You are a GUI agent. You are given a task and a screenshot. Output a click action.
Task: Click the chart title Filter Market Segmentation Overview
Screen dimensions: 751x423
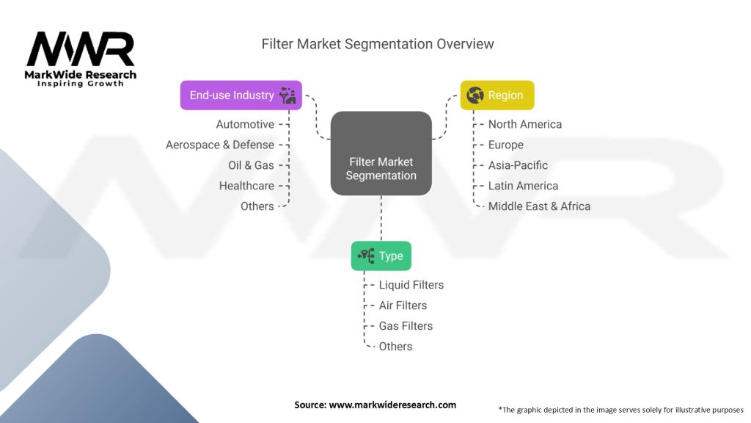point(378,44)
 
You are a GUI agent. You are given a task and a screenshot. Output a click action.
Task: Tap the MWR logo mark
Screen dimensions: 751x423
point(81,49)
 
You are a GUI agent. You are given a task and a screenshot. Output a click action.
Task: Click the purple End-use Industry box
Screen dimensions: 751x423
point(241,95)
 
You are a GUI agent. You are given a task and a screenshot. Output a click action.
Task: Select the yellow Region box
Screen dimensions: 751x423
point(497,95)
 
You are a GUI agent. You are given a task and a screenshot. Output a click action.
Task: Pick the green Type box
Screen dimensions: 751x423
point(381,256)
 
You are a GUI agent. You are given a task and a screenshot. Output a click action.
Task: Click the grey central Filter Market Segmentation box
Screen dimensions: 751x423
point(381,153)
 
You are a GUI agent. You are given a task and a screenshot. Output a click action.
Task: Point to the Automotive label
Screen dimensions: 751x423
point(245,124)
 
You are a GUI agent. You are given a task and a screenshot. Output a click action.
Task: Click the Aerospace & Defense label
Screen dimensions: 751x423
point(220,145)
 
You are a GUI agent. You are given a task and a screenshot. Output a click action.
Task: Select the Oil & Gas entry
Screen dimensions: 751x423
point(251,165)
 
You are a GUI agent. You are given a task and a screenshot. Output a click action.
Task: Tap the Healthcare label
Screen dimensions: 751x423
point(246,186)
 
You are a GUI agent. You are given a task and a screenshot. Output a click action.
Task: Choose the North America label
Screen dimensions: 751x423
point(525,124)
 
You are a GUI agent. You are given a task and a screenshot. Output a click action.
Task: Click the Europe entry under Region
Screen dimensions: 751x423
point(506,145)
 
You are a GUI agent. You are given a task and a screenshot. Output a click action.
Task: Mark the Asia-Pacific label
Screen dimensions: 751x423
point(518,165)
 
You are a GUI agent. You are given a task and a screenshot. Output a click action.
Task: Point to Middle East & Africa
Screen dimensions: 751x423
point(539,206)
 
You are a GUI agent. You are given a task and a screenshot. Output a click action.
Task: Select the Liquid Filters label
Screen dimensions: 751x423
point(411,285)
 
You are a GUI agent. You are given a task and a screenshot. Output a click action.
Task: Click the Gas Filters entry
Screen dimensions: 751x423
point(406,326)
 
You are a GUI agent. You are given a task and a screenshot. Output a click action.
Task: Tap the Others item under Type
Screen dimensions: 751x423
point(395,347)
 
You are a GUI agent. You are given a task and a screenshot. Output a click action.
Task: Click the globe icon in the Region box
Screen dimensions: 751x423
point(475,95)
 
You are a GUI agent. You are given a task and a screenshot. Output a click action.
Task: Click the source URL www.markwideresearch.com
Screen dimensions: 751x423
point(392,405)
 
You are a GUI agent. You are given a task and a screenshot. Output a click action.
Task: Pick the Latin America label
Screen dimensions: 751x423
point(523,186)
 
